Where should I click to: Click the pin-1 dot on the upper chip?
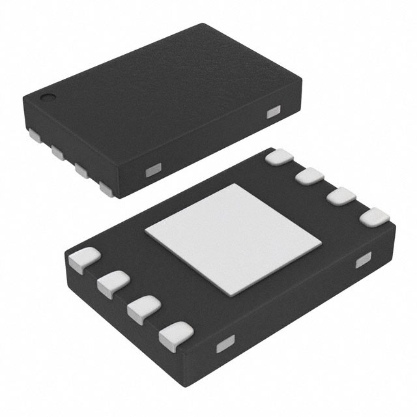(x=48, y=99)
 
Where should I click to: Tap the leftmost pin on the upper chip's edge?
(x=33, y=136)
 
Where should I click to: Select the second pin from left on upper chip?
(x=57, y=153)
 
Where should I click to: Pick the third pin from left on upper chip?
(x=82, y=170)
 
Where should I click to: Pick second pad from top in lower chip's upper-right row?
(x=310, y=177)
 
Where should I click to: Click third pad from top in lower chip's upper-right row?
(x=339, y=197)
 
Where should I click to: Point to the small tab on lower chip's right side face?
(x=363, y=261)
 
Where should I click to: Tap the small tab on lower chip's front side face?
(x=225, y=344)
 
